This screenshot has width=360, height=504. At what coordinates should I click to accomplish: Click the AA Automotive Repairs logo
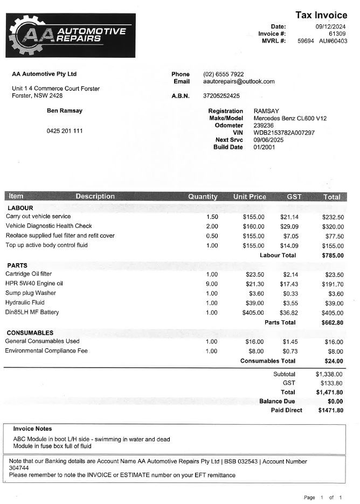[x=71, y=36]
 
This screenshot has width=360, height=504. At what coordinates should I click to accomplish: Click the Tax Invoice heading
[x=321, y=15]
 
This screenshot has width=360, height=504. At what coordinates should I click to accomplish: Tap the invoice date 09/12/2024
[x=330, y=26]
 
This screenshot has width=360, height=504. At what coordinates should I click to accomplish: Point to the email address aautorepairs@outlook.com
[x=239, y=81]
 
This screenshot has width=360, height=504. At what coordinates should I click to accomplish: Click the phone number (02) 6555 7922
[x=223, y=74]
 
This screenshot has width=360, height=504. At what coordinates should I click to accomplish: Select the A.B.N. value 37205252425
[x=221, y=96]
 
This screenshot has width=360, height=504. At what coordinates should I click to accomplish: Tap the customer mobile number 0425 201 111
[x=65, y=131]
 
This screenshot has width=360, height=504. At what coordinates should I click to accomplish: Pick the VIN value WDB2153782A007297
[x=284, y=133]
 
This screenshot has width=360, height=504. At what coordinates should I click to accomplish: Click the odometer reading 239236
[x=264, y=126]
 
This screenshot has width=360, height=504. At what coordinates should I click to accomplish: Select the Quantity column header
[x=203, y=197]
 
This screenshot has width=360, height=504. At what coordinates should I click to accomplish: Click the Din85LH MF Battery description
[x=32, y=313]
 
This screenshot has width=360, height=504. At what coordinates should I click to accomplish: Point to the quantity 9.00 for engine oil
[x=211, y=284]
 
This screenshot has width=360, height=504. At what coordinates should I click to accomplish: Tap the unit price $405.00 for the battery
[x=253, y=313]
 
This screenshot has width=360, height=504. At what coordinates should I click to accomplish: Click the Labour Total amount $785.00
[x=333, y=256]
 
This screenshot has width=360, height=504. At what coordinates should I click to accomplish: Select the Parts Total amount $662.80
[x=333, y=323]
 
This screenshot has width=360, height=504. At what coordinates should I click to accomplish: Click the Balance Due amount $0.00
[x=335, y=402]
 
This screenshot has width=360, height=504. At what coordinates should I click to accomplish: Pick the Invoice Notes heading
[x=32, y=429]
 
